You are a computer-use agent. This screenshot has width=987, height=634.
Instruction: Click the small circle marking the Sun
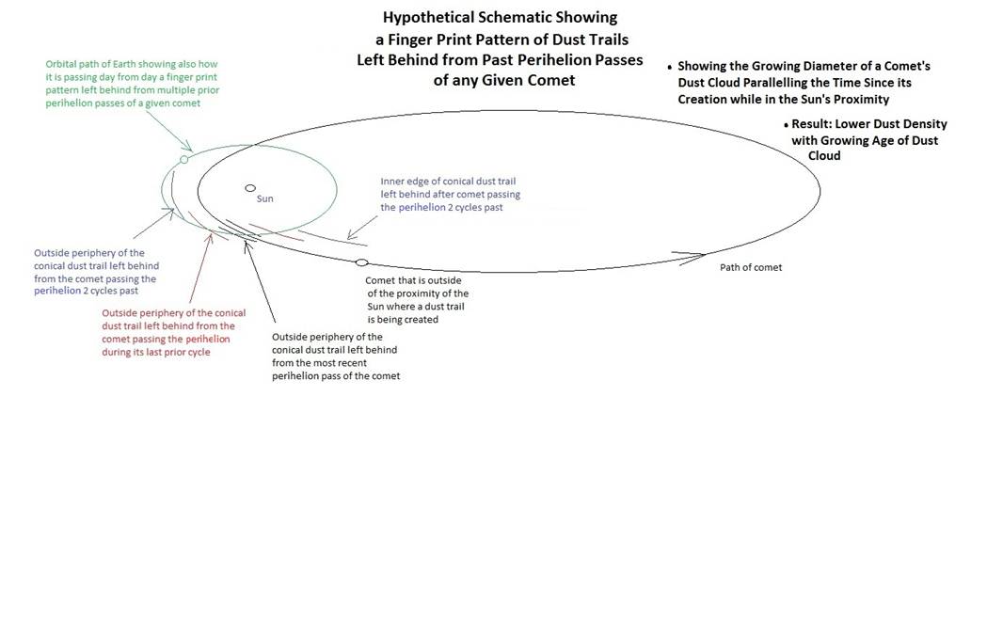pos(250,187)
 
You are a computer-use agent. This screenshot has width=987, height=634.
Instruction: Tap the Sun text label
pos(265,199)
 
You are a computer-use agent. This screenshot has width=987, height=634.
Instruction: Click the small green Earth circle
pos(183,160)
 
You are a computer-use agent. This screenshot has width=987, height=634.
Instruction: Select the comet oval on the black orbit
pos(361,262)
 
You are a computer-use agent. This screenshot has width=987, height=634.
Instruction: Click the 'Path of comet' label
pos(751,267)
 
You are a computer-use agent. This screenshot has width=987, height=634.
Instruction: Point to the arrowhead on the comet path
pos(692,257)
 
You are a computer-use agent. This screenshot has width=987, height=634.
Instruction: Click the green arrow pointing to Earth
pos(169,132)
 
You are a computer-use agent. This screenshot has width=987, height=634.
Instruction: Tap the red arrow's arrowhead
pos(210,240)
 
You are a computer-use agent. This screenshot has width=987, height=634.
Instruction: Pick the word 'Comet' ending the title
pos(551,81)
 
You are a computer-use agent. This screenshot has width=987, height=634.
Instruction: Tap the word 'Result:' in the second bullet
pos(811,124)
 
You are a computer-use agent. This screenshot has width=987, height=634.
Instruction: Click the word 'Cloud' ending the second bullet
pos(824,156)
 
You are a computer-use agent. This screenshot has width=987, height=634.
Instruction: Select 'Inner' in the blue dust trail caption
pos(392,182)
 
